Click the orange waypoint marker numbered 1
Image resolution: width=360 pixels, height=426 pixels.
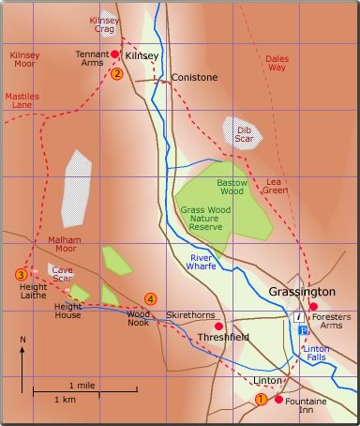click(x=261, y=400)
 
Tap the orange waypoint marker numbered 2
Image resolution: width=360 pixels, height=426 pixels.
click(x=116, y=73)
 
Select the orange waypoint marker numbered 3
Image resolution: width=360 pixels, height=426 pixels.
click(x=21, y=275)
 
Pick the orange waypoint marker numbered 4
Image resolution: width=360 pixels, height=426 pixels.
click(x=149, y=299)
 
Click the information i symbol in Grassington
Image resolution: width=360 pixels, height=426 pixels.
click(x=298, y=319)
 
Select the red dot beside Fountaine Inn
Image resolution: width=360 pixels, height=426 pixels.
click(x=278, y=400)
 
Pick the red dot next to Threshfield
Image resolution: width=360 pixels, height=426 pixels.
click(x=218, y=327)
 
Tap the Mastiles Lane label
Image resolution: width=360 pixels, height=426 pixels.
click(x=22, y=100)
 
